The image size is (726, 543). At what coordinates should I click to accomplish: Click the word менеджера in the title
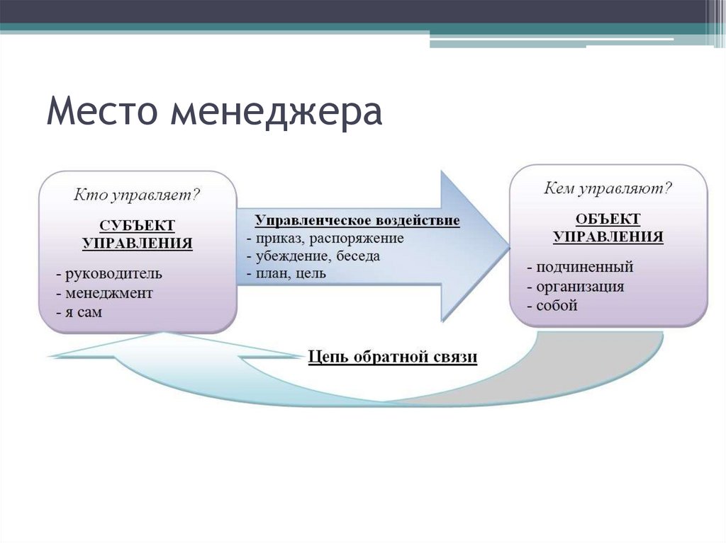click(276, 113)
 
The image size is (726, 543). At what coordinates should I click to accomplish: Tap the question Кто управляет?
click(138, 193)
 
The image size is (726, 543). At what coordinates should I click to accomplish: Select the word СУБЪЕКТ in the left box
click(138, 225)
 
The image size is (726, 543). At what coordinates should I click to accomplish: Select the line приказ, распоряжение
click(325, 238)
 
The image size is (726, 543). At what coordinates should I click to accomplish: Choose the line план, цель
click(286, 273)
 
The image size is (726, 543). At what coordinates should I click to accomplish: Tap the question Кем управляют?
click(608, 188)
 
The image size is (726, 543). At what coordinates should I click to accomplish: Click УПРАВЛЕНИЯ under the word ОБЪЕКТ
click(608, 237)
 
